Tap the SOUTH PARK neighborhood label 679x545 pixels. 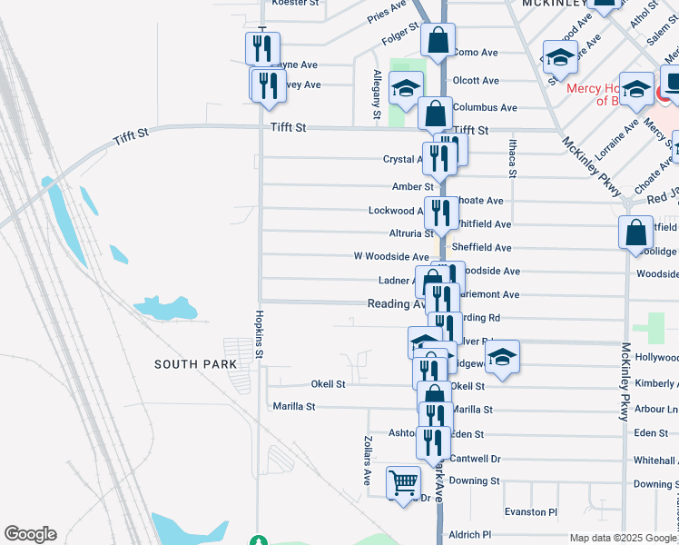[x=195, y=364]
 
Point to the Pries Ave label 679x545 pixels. [x=387, y=11]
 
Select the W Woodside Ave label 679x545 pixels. [x=390, y=257]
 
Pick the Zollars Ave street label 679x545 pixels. [x=368, y=459]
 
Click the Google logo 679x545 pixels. [x=30, y=534]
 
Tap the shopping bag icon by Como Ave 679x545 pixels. [x=438, y=41]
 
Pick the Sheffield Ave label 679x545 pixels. [x=481, y=247]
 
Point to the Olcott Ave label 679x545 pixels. [x=476, y=81]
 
